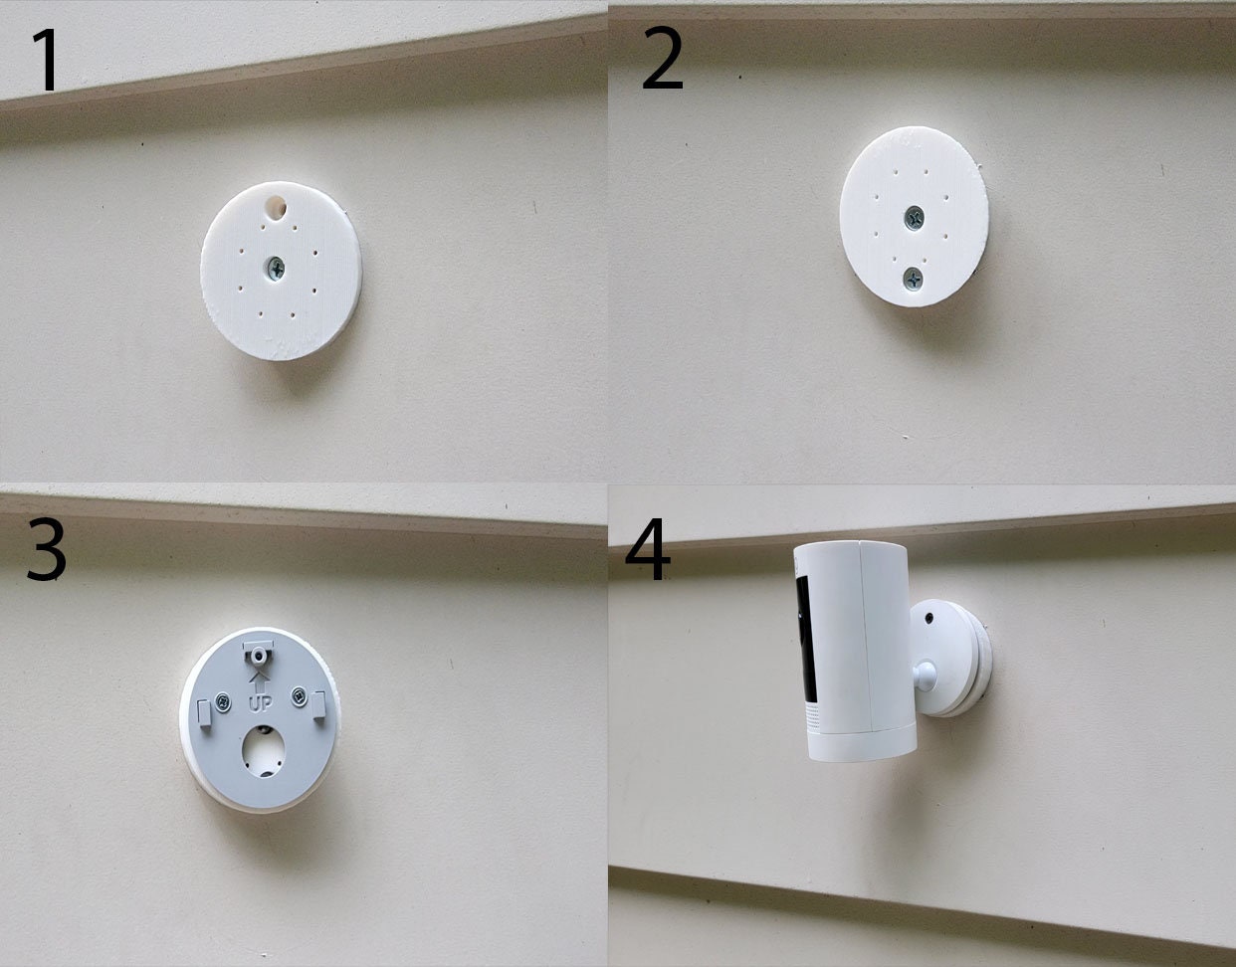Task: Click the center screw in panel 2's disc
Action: (914, 216)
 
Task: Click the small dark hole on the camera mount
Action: (927, 617)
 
